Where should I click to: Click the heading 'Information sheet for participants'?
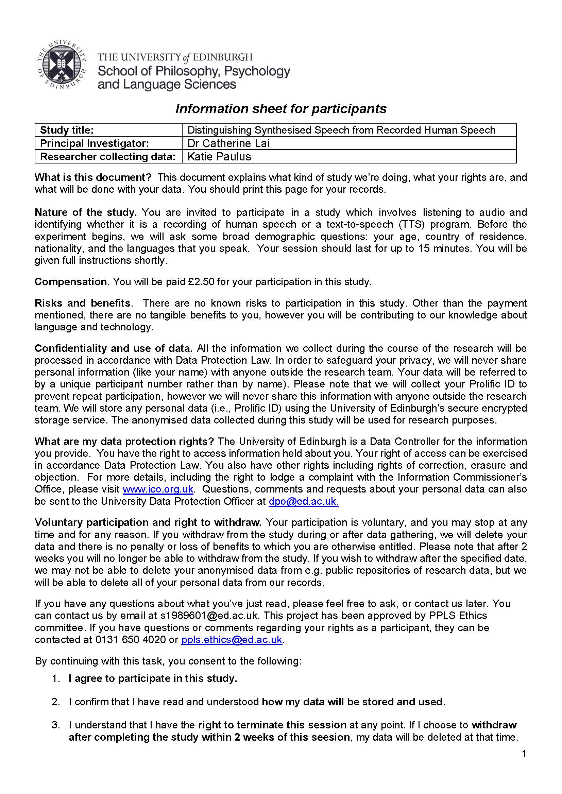coord(280,109)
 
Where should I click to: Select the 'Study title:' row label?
coord(67,130)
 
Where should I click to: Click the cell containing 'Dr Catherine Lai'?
coord(228,143)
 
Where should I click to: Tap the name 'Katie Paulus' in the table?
coord(219,156)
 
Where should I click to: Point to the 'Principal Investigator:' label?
coord(95,143)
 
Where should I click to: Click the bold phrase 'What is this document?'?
coord(93,177)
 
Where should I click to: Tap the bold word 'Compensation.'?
coord(72,282)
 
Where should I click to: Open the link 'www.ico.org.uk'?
coord(158,489)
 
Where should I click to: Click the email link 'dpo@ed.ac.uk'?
coord(304,501)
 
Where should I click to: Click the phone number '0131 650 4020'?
coord(131,639)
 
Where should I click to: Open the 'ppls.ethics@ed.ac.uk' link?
coord(232,639)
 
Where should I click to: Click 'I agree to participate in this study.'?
coord(153,678)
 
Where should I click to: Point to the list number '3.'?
coord(56,725)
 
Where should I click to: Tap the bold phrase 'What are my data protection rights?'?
coord(124,442)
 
